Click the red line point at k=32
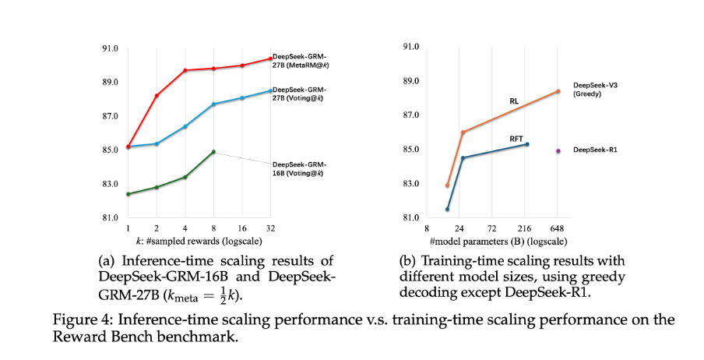(270, 58)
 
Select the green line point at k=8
(213, 152)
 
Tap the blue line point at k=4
(185, 126)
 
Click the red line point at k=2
(157, 95)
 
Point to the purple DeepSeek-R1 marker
(558, 150)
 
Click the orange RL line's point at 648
(558, 91)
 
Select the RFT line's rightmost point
(527, 144)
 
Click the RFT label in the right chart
(516, 138)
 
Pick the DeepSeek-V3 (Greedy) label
(596, 88)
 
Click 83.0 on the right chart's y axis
(410, 184)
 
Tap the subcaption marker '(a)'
(107, 260)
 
